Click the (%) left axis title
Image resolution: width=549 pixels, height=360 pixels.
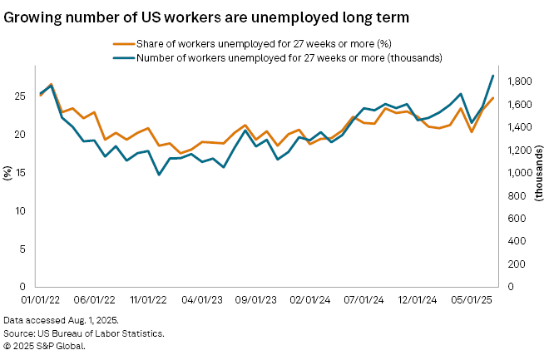click(x=7, y=173)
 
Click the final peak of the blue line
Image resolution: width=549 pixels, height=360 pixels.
click(x=493, y=76)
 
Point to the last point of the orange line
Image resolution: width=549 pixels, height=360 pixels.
click(x=493, y=98)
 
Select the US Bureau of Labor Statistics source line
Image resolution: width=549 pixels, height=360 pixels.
click(x=83, y=333)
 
